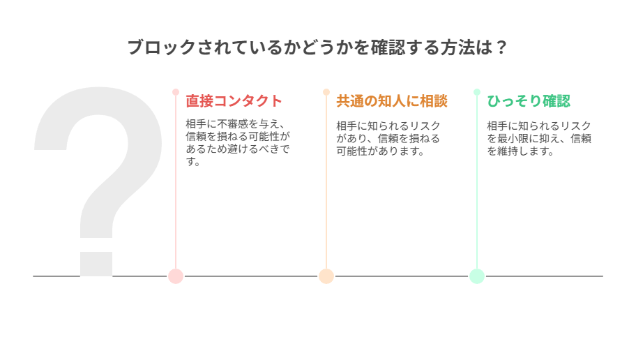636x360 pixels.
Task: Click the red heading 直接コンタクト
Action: tap(234, 101)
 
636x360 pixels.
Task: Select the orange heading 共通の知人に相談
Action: tap(392, 101)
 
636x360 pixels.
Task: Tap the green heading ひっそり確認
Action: tap(529, 101)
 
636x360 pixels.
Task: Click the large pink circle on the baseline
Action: tap(176, 276)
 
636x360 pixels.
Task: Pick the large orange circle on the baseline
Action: tap(326, 276)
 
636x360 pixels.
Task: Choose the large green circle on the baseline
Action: tap(477, 276)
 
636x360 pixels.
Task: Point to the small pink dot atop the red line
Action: tap(176, 92)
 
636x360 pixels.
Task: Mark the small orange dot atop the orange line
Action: tap(326, 92)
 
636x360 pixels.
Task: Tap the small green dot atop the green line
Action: tap(477, 92)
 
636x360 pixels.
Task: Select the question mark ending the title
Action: tap(501, 47)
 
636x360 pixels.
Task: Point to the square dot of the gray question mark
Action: tap(96, 264)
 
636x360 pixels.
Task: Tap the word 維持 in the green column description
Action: tap(508, 151)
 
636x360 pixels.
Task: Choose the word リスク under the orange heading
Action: tap(425, 126)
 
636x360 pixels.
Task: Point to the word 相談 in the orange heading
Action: tap(434, 101)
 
